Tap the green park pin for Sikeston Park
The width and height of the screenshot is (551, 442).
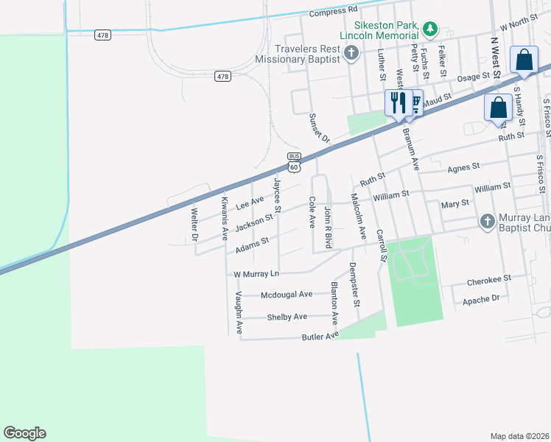tap(430, 29)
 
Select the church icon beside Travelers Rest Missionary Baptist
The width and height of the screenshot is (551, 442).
tap(351, 52)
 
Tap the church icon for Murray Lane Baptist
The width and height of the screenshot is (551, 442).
tap(486, 221)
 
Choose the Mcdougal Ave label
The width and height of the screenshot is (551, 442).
tap(287, 295)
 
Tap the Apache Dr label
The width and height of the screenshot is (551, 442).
tap(481, 300)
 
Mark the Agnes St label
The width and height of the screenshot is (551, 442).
tap(463, 167)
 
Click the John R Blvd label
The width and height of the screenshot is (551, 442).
tap(329, 228)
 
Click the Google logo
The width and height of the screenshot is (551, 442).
tap(24, 433)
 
